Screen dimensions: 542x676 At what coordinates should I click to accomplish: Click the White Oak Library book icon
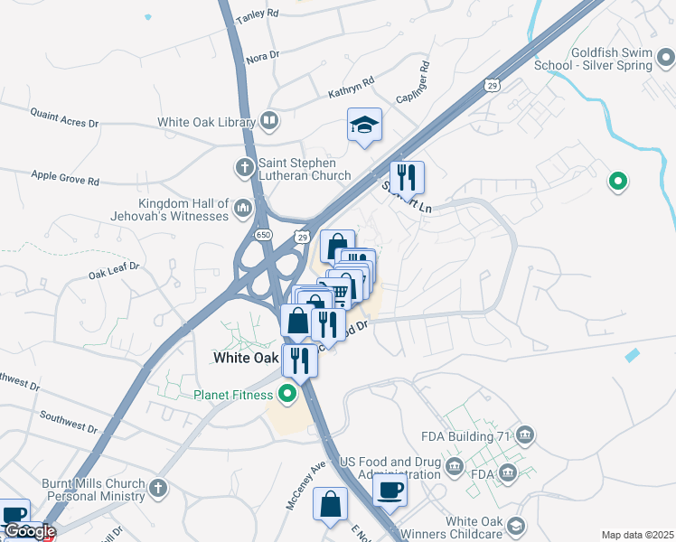(269, 121)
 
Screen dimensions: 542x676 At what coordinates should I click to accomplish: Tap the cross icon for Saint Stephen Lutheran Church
(243, 167)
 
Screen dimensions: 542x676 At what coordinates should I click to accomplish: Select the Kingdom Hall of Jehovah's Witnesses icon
(242, 210)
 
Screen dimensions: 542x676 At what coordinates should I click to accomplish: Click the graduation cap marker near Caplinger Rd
(365, 125)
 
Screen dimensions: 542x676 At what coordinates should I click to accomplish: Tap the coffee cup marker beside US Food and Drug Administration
(390, 489)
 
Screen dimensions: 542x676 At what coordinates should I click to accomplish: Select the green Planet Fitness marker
(287, 394)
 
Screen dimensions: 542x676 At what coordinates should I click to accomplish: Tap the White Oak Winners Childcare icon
(516, 526)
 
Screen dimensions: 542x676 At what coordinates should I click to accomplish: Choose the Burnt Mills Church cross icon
(158, 489)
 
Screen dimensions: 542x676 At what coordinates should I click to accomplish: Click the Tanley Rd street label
(257, 16)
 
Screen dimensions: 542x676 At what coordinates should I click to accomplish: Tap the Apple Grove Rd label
(65, 178)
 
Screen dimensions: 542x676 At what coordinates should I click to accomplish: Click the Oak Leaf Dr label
(113, 268)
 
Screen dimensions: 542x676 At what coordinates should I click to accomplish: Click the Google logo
(29, 531)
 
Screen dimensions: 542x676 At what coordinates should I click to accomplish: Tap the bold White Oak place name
(246, 358)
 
